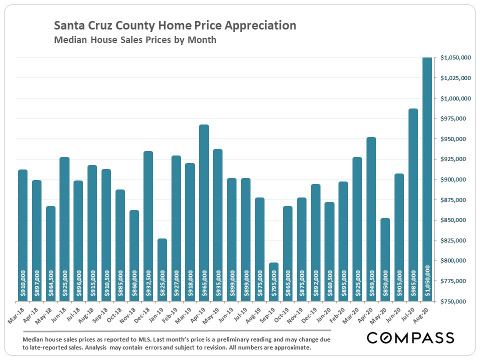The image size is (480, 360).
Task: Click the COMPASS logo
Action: click(x=410, y=338)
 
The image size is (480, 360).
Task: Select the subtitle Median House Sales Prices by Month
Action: click(x=135, y=40)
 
